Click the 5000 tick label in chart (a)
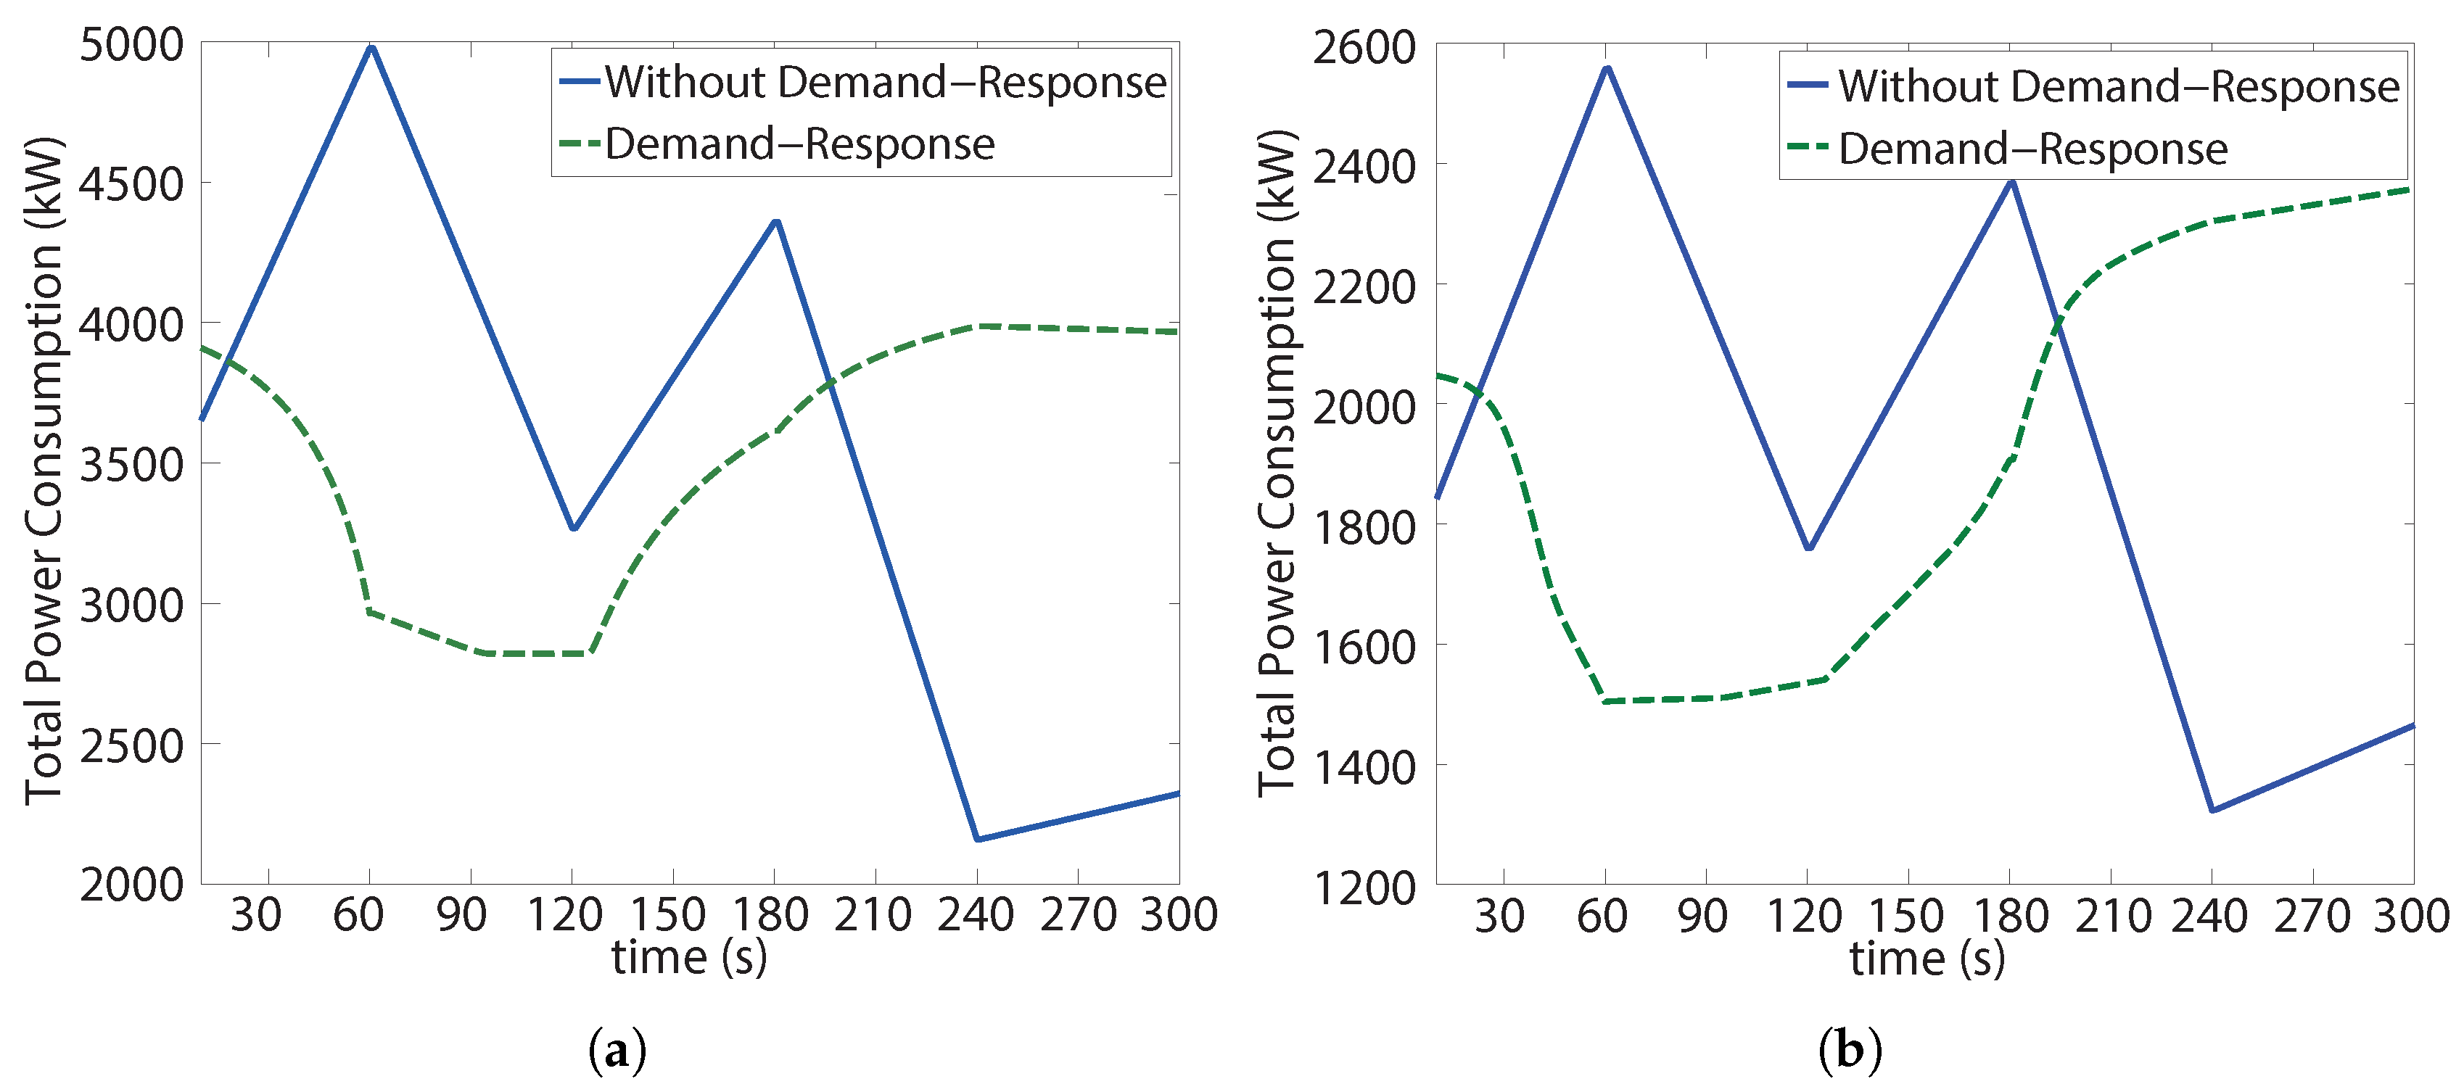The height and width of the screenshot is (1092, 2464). pyautogui.click(x=131, y=45)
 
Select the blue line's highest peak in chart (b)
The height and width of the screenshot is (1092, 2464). pyautogui.click(x=1607, y=68)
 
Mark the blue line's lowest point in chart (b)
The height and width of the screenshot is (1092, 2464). pyautogui.click(x=2212, y=811)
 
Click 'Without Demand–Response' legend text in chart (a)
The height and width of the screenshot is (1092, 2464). pyautogui.click(x=885, y=82)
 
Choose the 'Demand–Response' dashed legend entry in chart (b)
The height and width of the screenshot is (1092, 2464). pyautogui.click(x=2032, y=149)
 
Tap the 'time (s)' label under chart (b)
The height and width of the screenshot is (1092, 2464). pyautogui.click(x=1927, y=958)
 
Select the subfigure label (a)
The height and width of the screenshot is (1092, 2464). pyautogui.click(x=617, y=1051)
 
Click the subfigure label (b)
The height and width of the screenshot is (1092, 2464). pyautogui.click(x=1849, y=1051)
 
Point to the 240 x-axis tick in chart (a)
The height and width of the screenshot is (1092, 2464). pyautogui.click(x=975, y=915)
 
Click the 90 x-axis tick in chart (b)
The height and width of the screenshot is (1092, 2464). pyautogui.click(x=1702, y=916)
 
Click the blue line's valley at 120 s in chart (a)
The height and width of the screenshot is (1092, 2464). pyautogui.click(x=574, y=528)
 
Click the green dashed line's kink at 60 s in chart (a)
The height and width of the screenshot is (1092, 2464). pyautogui.click(x=369, y=611)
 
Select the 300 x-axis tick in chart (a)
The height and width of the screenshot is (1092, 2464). pyautogui.click(x=1179, y=915)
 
